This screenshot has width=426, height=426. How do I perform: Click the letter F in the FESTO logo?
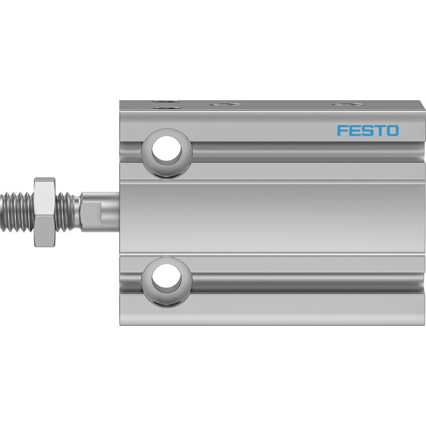[342, 130]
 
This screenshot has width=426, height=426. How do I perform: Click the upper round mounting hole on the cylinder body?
[167, 150]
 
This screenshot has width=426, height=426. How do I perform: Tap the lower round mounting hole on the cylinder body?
[167, 278]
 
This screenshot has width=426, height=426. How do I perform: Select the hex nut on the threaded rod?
[45, 212]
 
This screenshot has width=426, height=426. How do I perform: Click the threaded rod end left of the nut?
[17, 212]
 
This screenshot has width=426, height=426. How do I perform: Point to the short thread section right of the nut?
[64, 212]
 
